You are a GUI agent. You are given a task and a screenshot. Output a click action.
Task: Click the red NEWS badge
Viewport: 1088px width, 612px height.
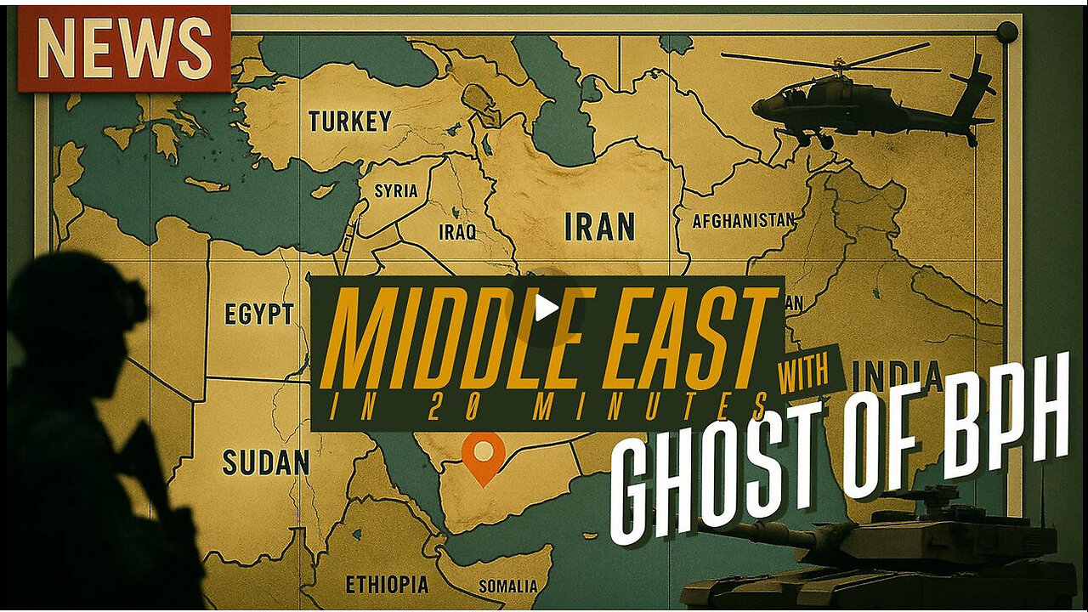(124, 48)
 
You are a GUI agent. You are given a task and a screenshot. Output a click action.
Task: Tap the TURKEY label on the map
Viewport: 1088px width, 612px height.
(349, 122)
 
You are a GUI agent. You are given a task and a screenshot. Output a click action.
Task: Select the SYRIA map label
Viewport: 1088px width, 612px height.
(396, 190)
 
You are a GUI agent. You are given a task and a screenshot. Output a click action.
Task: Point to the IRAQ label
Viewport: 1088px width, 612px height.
(457, 232)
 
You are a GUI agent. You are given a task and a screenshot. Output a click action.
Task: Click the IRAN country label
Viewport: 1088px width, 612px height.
(599, 227)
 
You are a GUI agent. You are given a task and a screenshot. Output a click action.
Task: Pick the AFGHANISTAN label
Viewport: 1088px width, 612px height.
(744, 221)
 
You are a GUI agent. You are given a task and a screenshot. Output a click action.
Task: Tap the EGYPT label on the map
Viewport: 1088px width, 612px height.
(259, 314)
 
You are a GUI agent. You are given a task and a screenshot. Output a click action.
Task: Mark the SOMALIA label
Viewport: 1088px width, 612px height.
(508, 586)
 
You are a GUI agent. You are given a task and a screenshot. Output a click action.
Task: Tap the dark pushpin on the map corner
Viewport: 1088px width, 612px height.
(1006, 32)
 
